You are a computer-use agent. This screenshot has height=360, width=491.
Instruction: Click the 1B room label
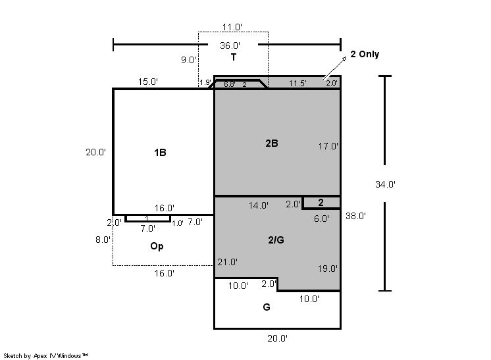[x=160, y=153]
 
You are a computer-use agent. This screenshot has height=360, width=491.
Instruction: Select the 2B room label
[x=272, y=143]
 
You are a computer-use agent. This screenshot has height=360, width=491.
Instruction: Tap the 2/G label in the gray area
[x=276, y=240]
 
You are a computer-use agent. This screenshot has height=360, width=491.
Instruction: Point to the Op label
[x=157, y=246]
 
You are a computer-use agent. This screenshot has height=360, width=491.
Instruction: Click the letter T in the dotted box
[x=233, y=57]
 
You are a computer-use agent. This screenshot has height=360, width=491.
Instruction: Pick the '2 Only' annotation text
[x=365, y=54]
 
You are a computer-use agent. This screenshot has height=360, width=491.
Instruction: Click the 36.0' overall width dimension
[x=230, y=45]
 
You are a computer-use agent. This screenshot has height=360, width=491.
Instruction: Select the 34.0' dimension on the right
[x=386, y=184]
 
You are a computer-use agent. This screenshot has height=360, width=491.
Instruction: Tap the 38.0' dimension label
[x=355, y=216]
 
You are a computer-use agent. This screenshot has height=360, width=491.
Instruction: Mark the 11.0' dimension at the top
[x=232, y=27]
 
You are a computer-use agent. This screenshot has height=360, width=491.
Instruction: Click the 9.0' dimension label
[x=188, y=60]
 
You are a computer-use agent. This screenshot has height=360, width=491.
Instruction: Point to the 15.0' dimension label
[x=148, y=82]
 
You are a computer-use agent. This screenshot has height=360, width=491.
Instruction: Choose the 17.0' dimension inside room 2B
[x=328, y=146]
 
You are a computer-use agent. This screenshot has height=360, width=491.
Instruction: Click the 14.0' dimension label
[x=259, y=205]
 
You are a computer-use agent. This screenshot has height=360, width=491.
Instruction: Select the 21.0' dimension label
[x=227, y=262]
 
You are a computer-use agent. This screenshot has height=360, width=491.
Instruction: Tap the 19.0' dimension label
[x=328, y=269]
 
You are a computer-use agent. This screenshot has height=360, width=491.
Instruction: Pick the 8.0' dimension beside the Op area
[x=103, y=240]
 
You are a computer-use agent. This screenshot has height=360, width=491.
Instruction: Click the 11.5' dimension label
[x=297, y=84]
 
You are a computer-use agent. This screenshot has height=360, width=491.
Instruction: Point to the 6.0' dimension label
[x=322, y=219]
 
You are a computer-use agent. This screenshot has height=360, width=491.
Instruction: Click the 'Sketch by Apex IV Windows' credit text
[x=45, y=355]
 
